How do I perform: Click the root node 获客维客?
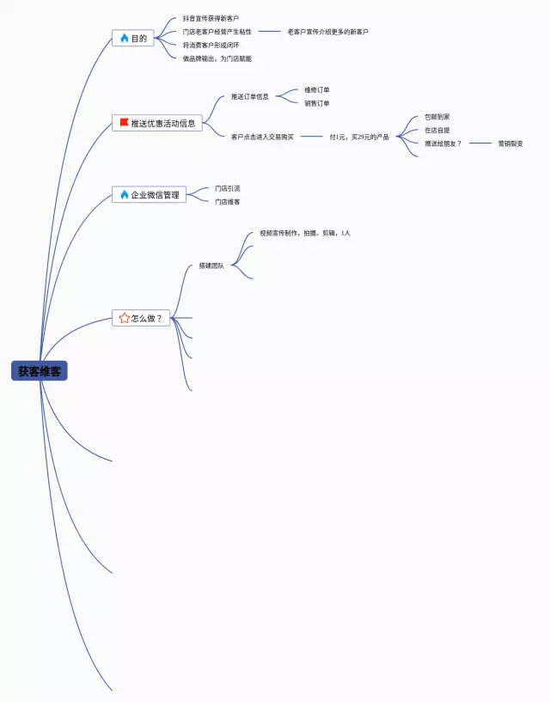[x=40, y=371]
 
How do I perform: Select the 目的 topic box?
[x=133, y=39]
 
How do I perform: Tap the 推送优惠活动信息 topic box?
[x=157, y=123]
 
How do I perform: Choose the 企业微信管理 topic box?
[x=149, y=195]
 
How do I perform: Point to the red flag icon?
[x=124, y=123]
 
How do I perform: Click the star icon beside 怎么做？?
[x=124, y=318]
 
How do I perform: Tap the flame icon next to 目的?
[x=124, y=39]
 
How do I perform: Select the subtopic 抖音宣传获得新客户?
[x=211, y=18]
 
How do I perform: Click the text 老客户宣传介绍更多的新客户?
[x=327, y=32]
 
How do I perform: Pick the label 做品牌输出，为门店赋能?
[x=217, y=58]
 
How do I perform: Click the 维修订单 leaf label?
[x=316, y=89]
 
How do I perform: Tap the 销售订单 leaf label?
[x=316, y=103]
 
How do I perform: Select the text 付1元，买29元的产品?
[x=359, y=137]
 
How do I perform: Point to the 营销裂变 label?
[x=510, y=143]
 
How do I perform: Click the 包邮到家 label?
[x=437, y=116]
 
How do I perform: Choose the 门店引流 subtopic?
[x=227, y=188]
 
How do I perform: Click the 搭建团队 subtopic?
[x=211, y=266]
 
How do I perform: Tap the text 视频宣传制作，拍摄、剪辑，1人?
[x=305, y=233]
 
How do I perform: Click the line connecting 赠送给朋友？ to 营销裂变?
[x=480, y=143]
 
